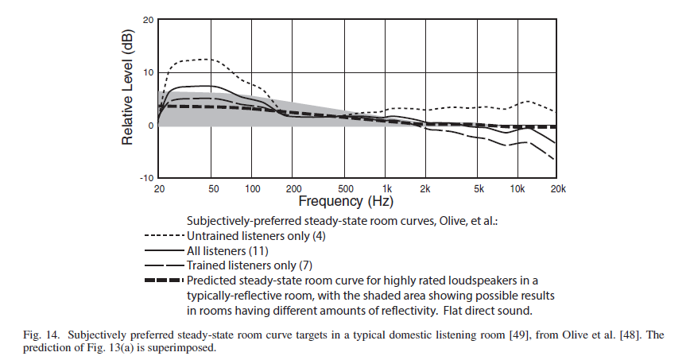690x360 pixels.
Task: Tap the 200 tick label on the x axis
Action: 291,188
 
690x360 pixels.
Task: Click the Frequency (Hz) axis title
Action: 343,201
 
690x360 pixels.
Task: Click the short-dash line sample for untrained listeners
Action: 165,235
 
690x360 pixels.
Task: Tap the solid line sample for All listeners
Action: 165,250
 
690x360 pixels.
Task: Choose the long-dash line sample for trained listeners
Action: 165,265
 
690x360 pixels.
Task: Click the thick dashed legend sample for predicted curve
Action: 165,280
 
